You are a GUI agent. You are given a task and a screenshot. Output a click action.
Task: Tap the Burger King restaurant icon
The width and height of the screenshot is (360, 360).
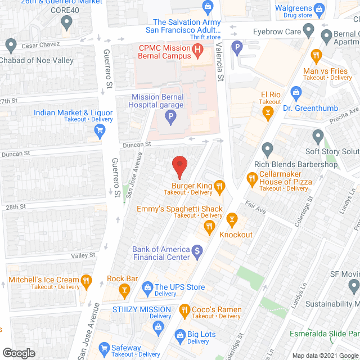click(x=220, y=186)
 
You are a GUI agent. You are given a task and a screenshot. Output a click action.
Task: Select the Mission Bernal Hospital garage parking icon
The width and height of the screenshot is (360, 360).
click(x=169, y=118)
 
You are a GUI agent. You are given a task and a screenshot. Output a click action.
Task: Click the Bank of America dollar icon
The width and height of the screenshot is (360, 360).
click(x=197, y=251)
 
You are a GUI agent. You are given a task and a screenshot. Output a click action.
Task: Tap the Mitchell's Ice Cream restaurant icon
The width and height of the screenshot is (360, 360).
click(x=86, y=280)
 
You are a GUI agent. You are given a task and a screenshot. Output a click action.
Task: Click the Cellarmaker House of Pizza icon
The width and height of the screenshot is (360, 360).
click(x=251, y=179)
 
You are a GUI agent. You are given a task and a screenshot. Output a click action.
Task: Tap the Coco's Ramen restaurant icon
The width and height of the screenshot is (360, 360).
click(x=185, y=309)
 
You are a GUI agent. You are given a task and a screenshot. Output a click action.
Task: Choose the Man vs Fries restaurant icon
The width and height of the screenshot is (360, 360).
click(x=317, y=56)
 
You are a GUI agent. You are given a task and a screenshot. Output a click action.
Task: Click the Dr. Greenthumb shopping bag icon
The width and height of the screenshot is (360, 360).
click(x=295, y=92)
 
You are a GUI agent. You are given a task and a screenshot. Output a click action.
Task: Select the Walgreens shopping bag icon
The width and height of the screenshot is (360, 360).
click(x=319, y=8)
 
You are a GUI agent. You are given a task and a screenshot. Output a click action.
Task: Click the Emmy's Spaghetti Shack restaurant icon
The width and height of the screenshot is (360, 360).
click(x=209, y=226)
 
